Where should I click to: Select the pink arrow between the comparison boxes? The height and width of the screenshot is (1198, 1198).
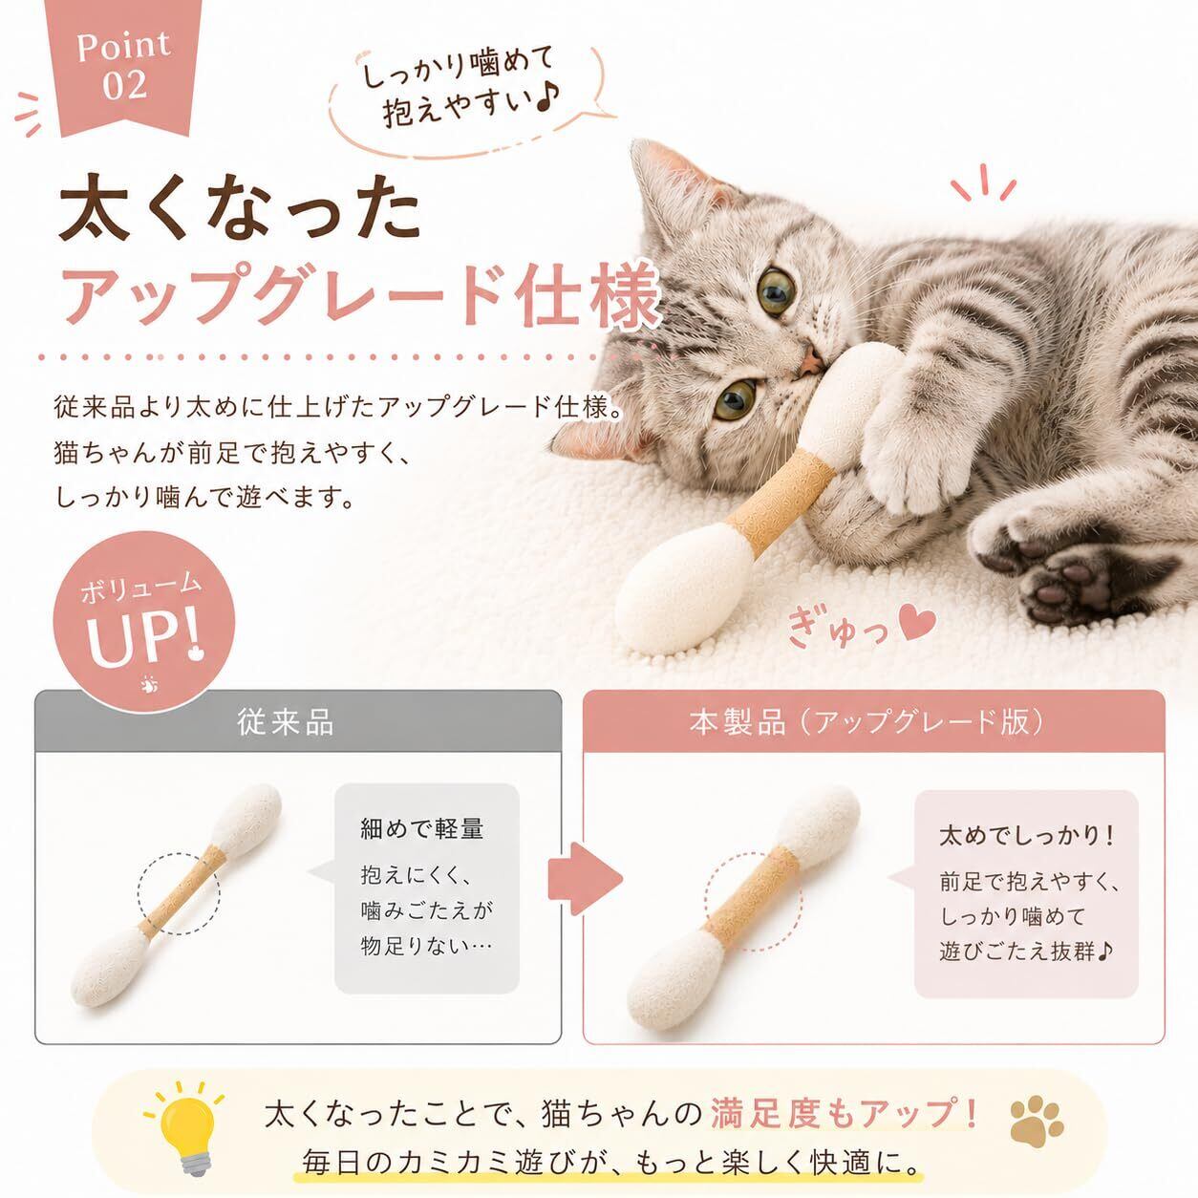pos(585,879)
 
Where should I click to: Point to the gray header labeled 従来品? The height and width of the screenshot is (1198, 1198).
pos(298,721)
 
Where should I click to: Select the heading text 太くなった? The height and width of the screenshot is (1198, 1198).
pos(240,213)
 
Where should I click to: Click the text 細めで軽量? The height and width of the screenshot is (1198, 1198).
pos(422,828)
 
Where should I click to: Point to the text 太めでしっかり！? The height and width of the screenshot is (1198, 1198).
pos(1026,835)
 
